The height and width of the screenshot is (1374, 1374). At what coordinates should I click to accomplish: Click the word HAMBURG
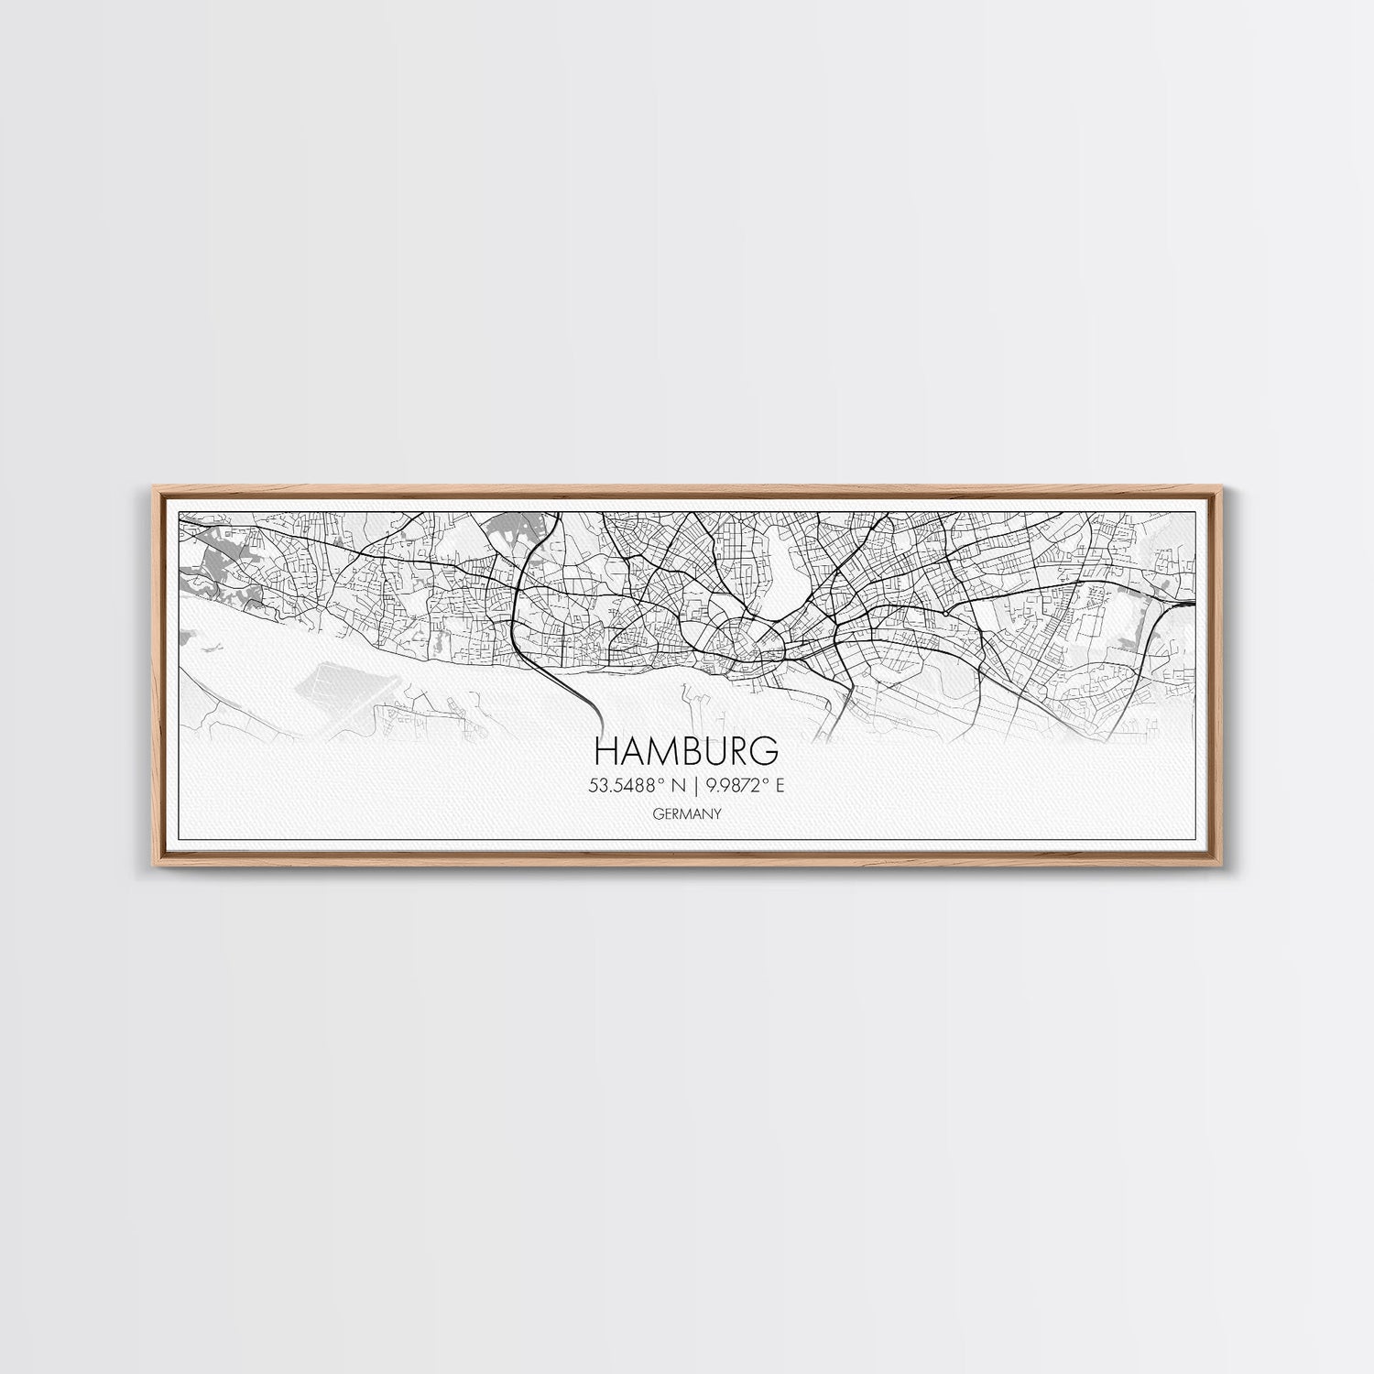687,750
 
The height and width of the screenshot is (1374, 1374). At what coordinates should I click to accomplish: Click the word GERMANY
687,812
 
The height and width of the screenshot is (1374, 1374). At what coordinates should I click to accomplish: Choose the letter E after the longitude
780,784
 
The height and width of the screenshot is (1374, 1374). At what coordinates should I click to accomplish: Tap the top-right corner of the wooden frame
1226,490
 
